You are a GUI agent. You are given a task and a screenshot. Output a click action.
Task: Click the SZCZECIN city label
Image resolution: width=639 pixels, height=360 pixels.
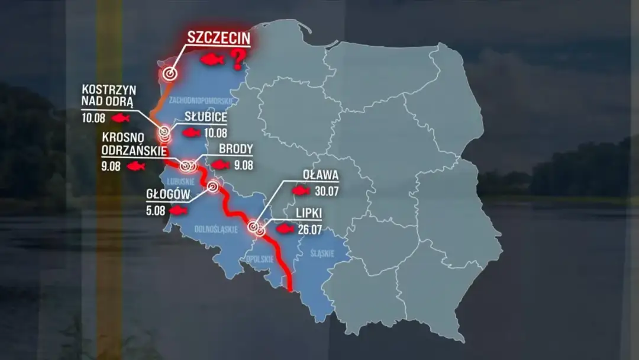pos(218,37)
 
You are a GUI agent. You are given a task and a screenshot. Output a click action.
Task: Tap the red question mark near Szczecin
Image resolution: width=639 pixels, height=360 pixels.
pos(238,59)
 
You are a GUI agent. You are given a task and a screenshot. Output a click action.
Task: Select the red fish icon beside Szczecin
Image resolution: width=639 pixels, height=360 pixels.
pos(212,60)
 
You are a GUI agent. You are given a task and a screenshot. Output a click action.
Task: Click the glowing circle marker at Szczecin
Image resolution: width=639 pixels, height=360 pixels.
pos(170,74)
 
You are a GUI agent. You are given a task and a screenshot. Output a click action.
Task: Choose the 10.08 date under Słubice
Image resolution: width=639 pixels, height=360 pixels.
pos(215,133)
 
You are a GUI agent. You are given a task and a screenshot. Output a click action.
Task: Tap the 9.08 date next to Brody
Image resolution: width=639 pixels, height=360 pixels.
pos(243,165)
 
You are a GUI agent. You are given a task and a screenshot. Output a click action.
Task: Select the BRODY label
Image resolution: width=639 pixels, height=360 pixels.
pos(236,149)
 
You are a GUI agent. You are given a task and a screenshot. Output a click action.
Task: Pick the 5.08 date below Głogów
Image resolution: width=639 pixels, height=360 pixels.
pos(157,210)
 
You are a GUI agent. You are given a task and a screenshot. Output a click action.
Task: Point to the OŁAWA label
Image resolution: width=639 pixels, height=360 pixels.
pos(320,175)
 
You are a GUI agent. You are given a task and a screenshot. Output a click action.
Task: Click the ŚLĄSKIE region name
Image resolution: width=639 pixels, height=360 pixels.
pos(323,253)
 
